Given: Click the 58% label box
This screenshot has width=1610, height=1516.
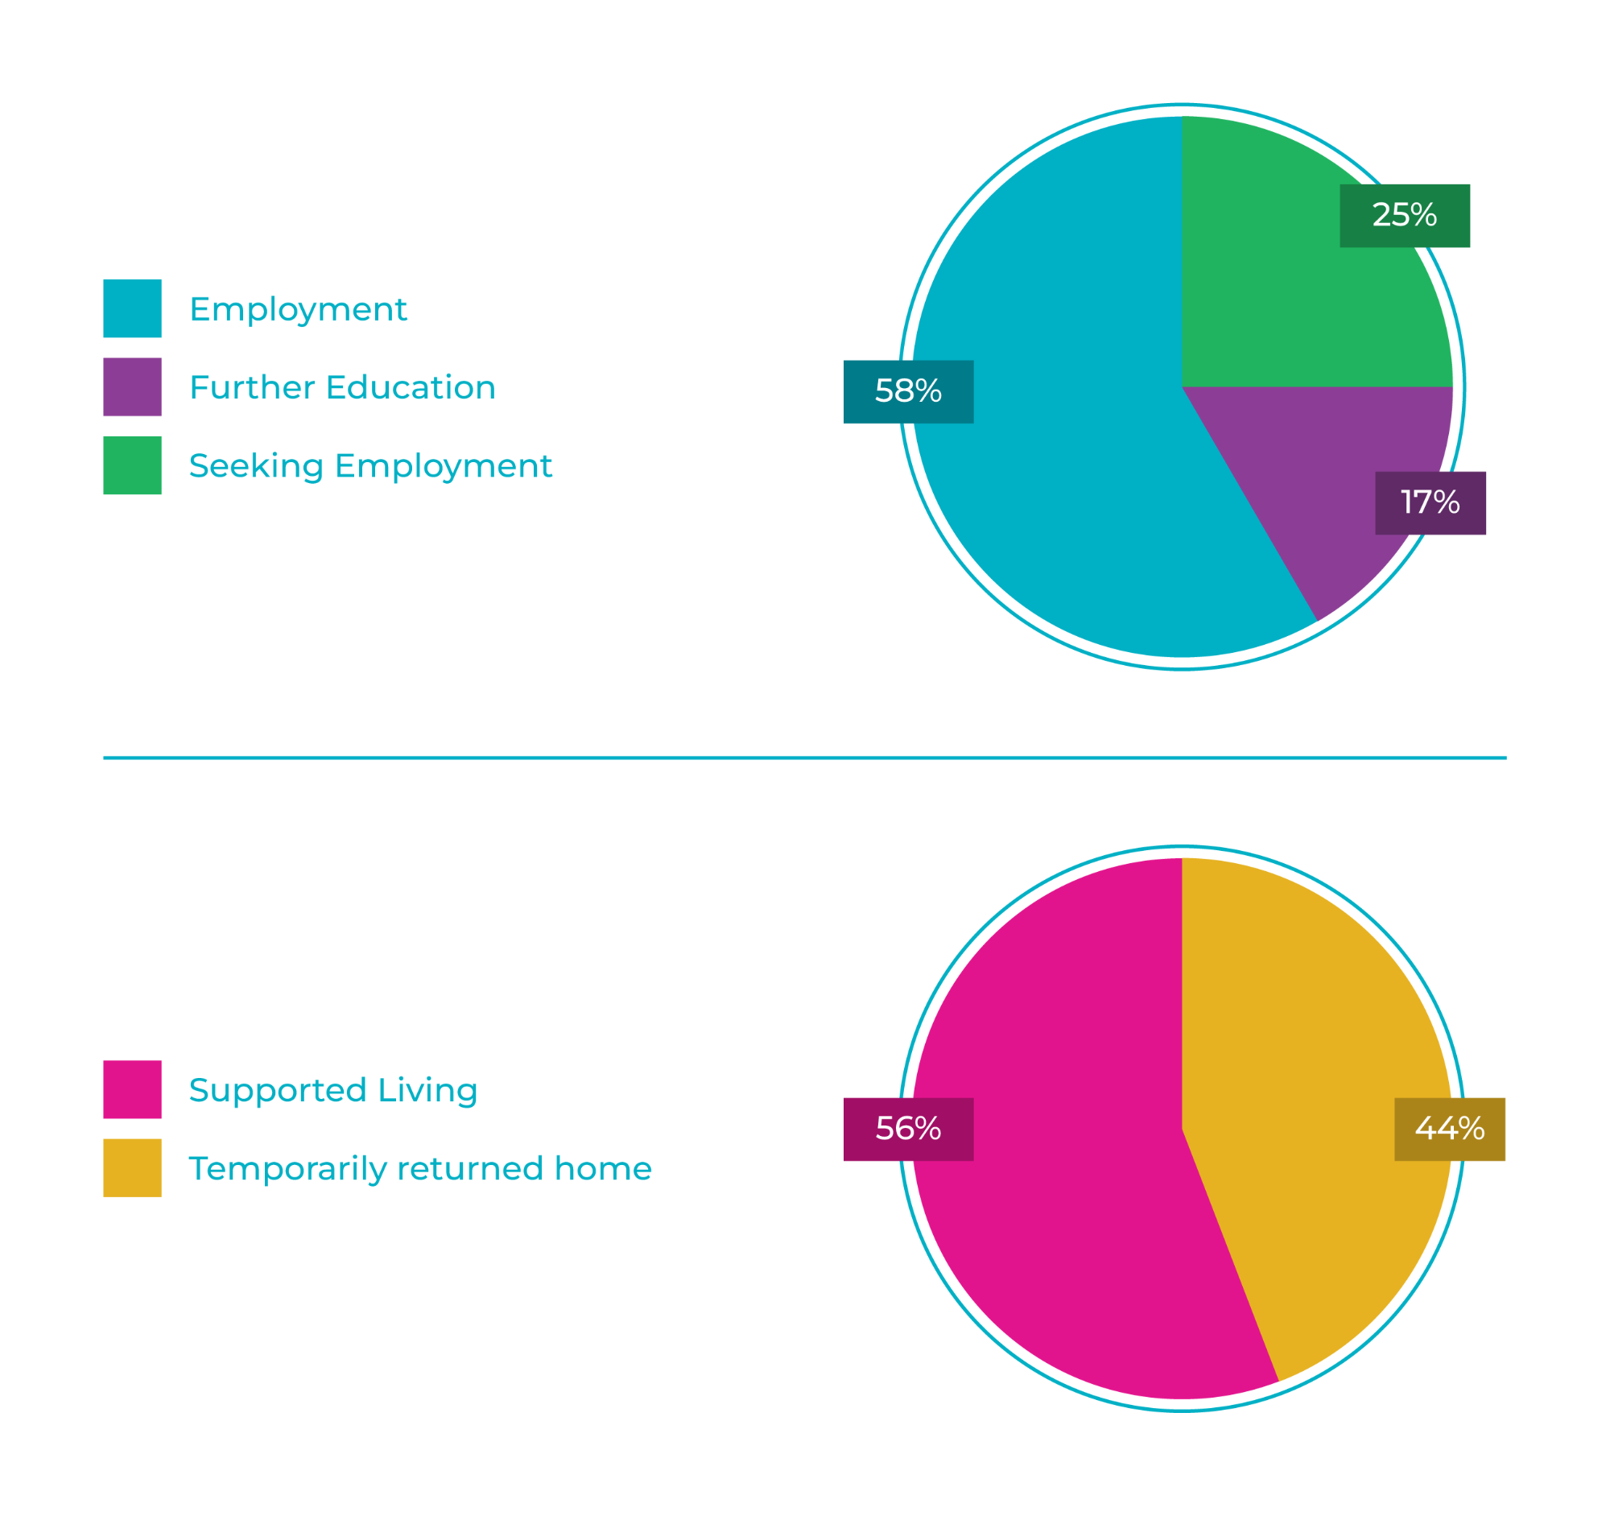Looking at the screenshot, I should (x=908, y=391).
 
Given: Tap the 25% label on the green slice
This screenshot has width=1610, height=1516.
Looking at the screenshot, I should (x=1404, y=216).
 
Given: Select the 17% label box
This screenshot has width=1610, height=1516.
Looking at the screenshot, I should (x=1430, y=503).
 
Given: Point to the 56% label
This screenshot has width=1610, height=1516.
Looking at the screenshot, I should (x=908, y=1129).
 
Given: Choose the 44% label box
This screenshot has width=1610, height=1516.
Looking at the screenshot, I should (x=1450, y=1129).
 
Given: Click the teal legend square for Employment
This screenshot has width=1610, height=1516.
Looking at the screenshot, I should (x=132, y=308).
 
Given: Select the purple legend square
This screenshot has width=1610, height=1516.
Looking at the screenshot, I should (x=132, y=387).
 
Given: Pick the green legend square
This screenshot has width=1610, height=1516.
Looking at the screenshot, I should (x=132, y=465).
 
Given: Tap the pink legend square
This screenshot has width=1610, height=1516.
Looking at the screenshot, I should (x=132, y=1089).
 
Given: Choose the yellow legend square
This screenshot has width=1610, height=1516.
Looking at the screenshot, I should (x=132, y=1167).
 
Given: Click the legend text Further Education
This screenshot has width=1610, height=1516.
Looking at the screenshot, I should (x=342, y=387).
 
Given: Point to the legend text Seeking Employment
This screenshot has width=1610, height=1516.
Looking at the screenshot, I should (x=370, y=465).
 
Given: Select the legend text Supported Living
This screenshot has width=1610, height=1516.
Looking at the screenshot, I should (x=332, y=1090).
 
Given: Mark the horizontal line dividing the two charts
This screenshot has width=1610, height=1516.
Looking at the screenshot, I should (x=804, y=758).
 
